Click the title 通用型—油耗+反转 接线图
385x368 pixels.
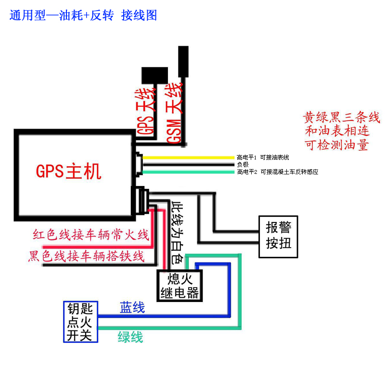[x=83, y=15]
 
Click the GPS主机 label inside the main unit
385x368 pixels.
[x=69, y=171]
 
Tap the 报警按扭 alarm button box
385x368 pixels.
[x=278, y=234]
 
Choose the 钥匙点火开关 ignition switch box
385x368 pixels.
[x=80, y=322]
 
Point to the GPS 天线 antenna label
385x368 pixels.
[x=146, y=111]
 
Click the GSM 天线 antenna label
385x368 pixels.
[x=174, y=113]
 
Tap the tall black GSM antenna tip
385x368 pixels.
[x=183, y=61]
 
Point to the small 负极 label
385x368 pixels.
[x=242, y=164]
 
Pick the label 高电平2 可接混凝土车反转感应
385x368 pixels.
[x=277, y=171]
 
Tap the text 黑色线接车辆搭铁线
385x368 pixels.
[x=87, y=256]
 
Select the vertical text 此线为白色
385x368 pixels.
[x=177, y=232]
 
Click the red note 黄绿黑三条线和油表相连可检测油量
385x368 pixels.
[x=342, y=131]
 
